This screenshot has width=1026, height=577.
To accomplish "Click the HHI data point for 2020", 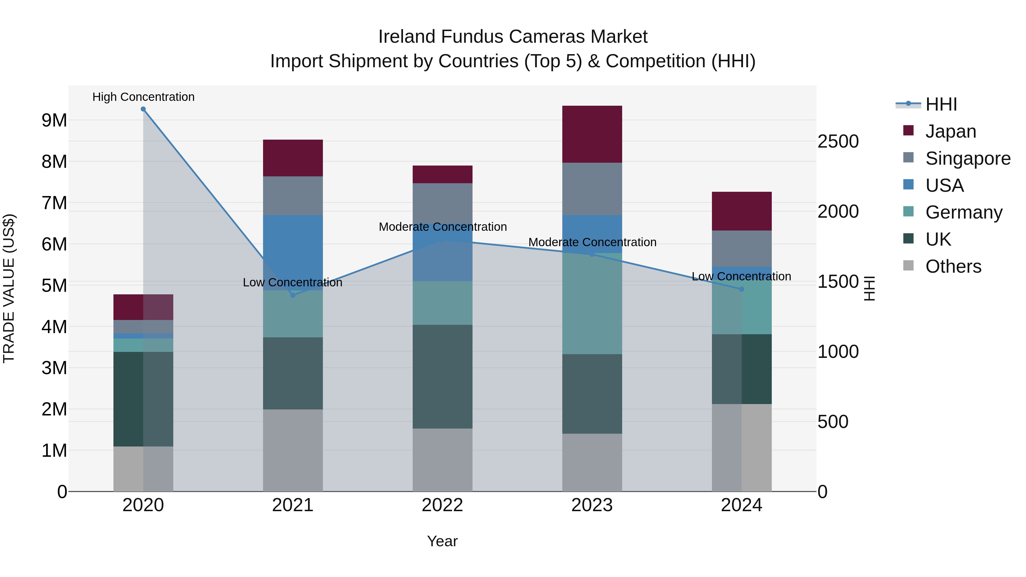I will click(143, 109).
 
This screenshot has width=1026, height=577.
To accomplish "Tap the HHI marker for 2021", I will click(293, 295).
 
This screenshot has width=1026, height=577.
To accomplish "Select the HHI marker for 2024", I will click(742, 289).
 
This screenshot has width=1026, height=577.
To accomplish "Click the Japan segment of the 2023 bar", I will click(592, 134).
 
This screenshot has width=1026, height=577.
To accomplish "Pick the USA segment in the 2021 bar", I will click(293, 252).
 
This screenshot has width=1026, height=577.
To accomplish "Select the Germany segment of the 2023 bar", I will click(592, 303).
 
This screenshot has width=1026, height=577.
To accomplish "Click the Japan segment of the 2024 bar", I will click(742, 211).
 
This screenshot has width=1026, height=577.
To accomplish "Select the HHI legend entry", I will click(941, 104).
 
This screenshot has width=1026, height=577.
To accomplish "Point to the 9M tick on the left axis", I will click(54, 120).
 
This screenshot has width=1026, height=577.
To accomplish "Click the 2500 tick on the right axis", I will click(838, 142).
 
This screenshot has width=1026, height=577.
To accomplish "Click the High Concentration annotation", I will click(143, 97).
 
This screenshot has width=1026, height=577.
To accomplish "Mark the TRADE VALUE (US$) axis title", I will click(9, 288).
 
